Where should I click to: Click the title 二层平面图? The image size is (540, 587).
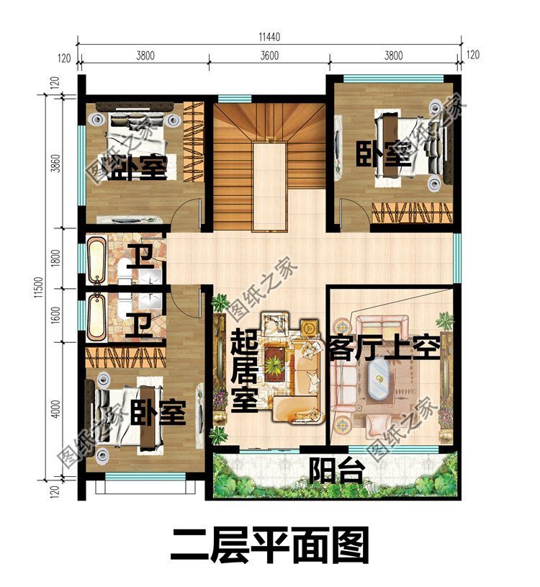click(269, 545)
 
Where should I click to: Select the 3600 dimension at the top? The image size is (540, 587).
click(269, 55)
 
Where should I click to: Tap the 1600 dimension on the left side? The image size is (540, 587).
click(58, 314)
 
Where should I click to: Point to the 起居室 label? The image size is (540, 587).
click(244, 372)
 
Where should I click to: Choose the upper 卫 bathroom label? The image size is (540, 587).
click(138, 256)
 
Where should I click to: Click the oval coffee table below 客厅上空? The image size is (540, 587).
click(379, 377)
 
